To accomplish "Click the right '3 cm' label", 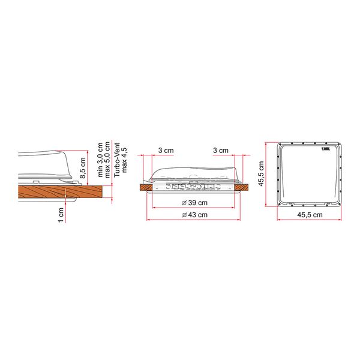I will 221,150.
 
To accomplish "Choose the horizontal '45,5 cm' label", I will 308,214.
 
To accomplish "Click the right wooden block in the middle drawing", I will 241,187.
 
